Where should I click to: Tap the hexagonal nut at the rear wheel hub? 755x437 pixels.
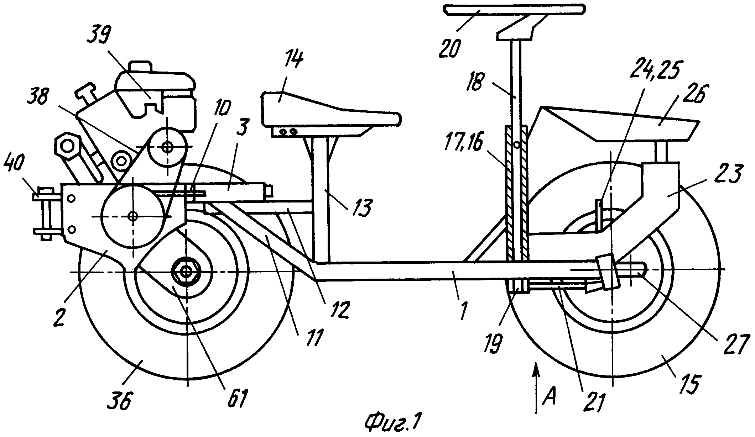tap(186, 272)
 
